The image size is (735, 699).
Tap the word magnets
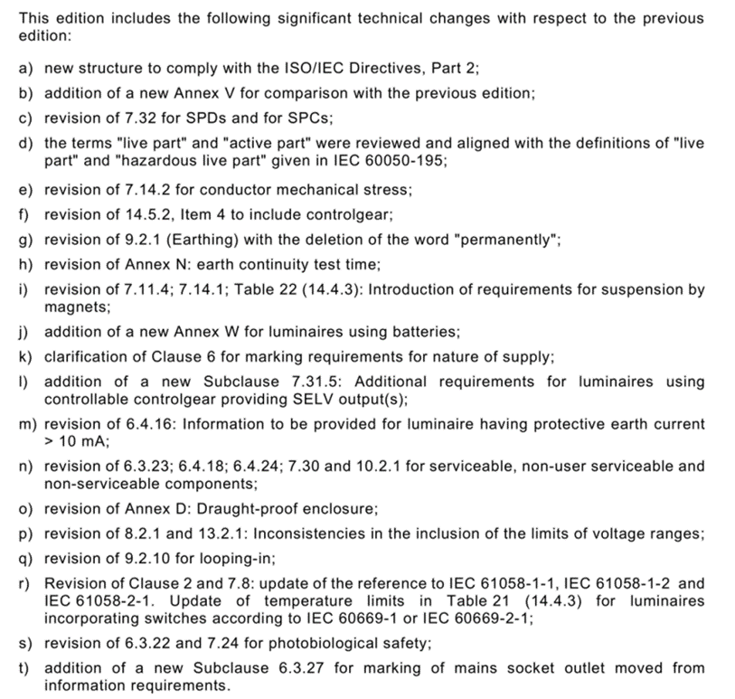coord(71,306)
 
